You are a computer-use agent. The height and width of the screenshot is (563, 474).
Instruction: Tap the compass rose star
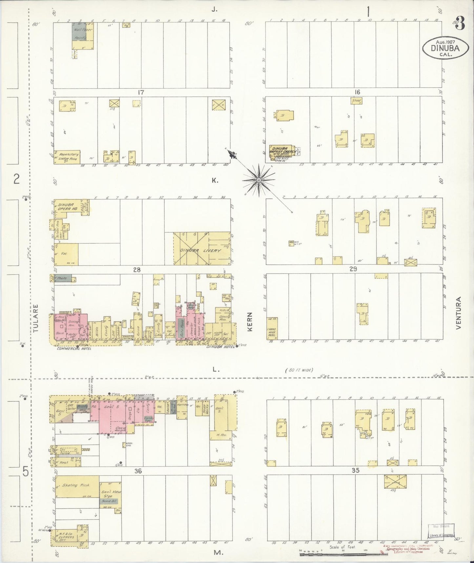[259, 180]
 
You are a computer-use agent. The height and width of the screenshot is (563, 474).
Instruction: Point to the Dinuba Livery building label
[201, 250]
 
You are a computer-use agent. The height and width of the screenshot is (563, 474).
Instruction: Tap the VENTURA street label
[458, 313]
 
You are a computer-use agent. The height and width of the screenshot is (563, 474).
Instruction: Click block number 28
[137, 270]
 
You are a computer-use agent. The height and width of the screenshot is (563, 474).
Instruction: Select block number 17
[141, 93]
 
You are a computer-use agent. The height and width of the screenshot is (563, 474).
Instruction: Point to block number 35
[355, 470]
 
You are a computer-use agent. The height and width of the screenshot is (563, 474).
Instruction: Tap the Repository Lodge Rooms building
[67, 156]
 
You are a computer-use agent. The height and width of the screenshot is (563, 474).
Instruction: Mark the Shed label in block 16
[356, 101]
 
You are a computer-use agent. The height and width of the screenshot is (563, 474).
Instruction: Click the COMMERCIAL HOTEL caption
[74, 349]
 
